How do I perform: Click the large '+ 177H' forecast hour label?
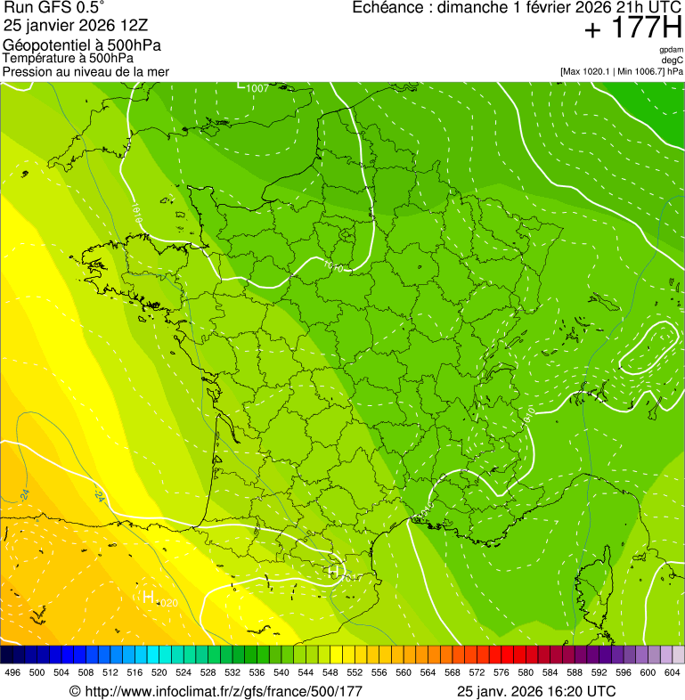coord(632,29)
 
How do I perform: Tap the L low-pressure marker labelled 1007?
coord(241,85)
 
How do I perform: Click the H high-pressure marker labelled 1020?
coord(149,598)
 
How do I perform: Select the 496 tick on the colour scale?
coord(12,673)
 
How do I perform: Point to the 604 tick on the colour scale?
coord(673,673)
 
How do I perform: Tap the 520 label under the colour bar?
coord(159,673)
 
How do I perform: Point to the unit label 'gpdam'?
coord(671,50)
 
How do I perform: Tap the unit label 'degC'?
coord(673,60)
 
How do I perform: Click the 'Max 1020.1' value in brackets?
coord(587,70)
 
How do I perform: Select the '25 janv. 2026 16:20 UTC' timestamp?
coord(535,691)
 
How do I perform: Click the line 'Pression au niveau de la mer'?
coord(86,71)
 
